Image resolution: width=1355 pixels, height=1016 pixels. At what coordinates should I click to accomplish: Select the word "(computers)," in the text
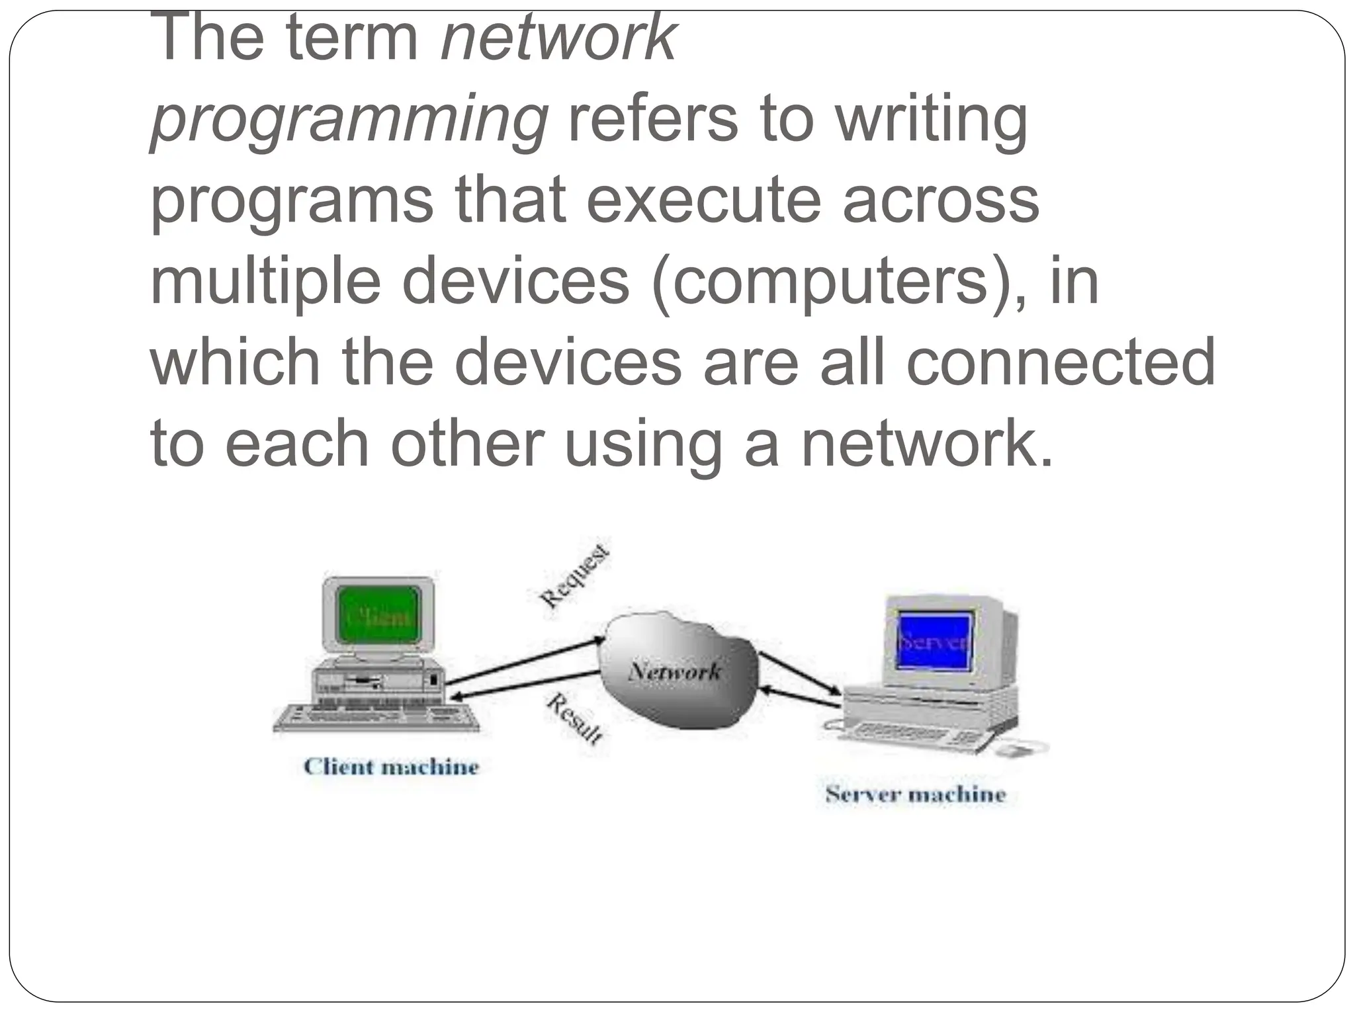[x=840, y=282]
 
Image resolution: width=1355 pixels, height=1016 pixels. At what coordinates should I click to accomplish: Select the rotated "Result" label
[x=574, y=718]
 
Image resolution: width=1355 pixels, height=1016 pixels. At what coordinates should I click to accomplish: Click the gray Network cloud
[x=676, y=671]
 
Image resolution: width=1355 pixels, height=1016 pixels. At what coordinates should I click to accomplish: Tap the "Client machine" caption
[x=391, y=767]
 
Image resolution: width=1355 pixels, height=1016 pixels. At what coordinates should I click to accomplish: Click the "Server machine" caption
[x=915, y=794]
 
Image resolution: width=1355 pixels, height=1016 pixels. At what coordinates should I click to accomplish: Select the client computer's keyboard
[x=376, y=717]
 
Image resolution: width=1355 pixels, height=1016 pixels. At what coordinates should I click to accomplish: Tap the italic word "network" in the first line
[x=558, y=40]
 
